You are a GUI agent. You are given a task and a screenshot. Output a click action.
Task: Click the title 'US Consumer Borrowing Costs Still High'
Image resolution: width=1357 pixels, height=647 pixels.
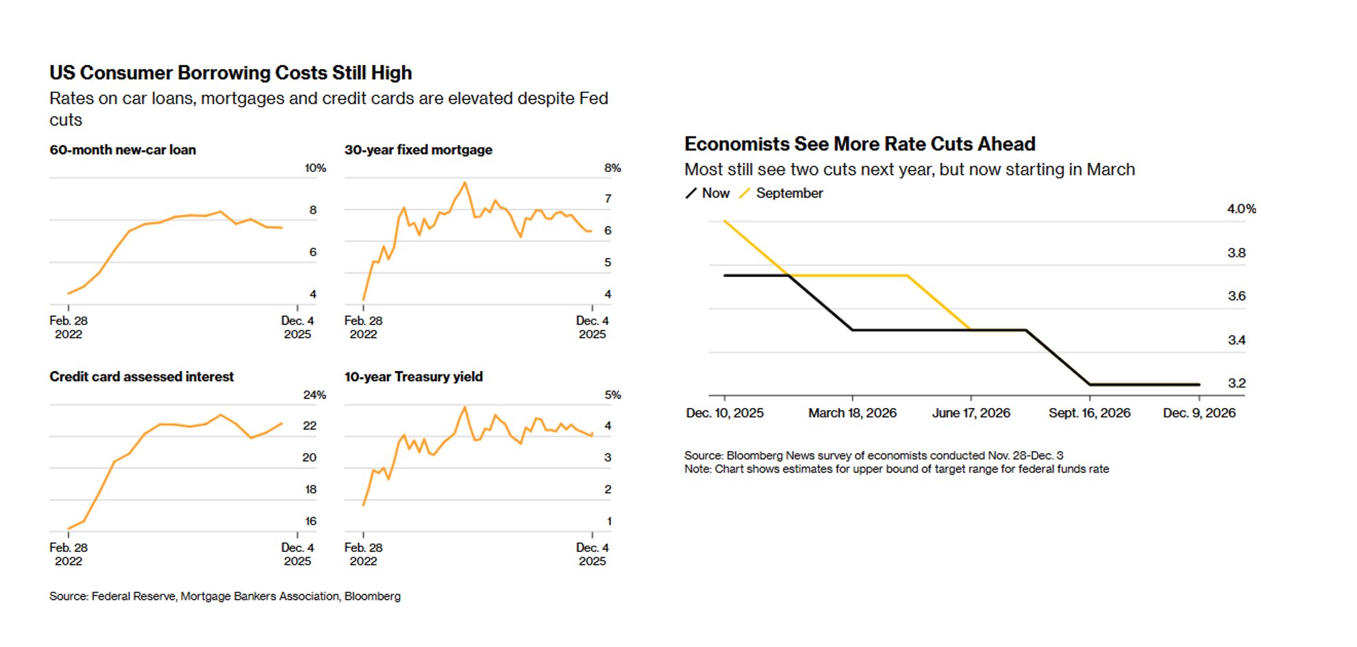tap(230, 73)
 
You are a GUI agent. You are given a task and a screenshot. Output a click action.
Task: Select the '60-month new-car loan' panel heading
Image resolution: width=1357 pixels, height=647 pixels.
tap(123, 150)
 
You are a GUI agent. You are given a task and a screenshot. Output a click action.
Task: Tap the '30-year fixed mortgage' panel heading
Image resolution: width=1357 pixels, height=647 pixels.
tap(418, 150)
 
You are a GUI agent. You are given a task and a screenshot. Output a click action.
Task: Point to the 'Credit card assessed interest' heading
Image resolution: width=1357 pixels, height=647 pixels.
tap(141, 377)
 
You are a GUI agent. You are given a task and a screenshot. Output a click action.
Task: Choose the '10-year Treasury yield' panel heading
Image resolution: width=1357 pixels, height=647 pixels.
tap(413, 377)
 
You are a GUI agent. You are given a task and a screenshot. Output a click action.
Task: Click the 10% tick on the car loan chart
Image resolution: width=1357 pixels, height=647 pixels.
tap(315, 168)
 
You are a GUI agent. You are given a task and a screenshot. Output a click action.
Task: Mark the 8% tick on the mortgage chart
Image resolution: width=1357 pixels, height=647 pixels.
tap(612, 168)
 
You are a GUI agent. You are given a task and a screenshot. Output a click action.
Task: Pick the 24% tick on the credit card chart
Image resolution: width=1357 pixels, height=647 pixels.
tap(314, 395)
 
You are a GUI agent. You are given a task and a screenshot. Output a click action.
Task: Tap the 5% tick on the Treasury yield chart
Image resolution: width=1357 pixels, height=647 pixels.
tap(612, 395)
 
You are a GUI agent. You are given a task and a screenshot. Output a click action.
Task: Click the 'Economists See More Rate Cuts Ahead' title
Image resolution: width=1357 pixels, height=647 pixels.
tap(860, 144)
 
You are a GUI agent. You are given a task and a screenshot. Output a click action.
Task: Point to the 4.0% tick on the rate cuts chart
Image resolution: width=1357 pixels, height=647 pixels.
tap(1241, 209)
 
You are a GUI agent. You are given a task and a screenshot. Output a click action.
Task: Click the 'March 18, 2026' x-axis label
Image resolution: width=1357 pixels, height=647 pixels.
tap(852, 413)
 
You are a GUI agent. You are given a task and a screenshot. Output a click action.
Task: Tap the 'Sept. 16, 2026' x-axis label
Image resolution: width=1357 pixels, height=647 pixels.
tap(1089, 413)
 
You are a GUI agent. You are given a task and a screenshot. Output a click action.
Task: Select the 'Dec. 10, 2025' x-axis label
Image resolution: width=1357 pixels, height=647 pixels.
tap(725, 413)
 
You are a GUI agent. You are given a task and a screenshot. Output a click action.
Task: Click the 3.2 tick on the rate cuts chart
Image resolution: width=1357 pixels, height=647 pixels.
tap(1236, 383)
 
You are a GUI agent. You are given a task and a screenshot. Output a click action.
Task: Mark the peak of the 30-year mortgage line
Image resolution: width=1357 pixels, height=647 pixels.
tap(464, 182)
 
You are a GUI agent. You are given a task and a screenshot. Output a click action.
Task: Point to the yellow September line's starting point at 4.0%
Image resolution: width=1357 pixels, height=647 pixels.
tap(725, 220)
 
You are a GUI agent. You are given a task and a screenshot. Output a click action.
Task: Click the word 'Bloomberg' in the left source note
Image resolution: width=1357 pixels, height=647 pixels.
tap(372, 596)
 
